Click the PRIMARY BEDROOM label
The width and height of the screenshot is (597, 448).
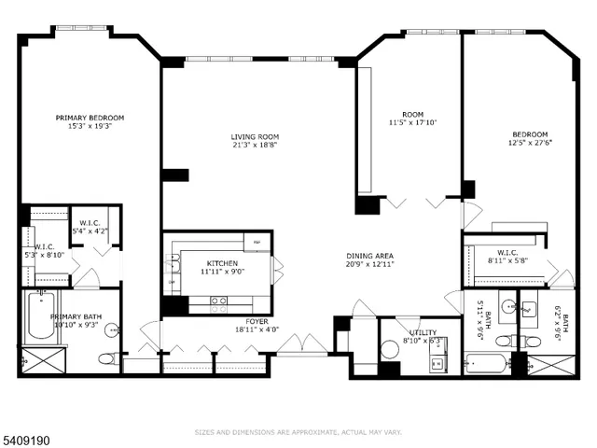(90, 118)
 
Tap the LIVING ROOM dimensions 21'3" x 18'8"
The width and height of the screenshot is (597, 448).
(255, 146)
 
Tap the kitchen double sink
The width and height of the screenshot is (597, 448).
(172, 271)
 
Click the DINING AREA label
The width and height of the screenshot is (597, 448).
(370, 256)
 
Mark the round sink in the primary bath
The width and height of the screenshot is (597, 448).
(112, 329)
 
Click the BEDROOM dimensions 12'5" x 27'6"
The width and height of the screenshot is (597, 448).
(528, 143)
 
